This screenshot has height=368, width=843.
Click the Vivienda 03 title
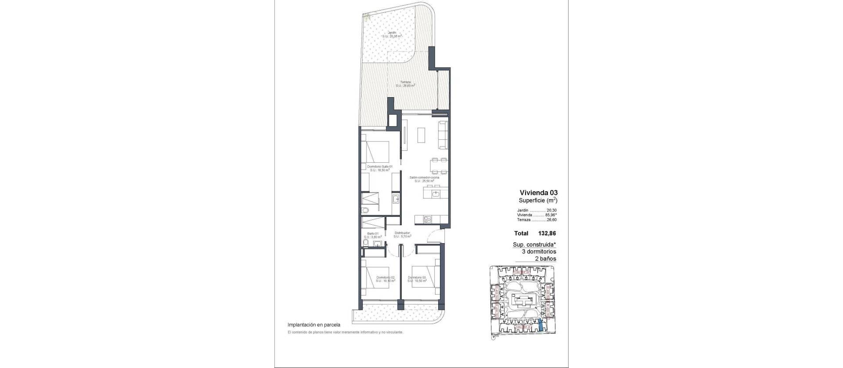[538, 192]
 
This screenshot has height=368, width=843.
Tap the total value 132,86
[547, 233]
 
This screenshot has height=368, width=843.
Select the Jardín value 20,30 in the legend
[551, 210]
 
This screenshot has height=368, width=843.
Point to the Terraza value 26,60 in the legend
[551, 220]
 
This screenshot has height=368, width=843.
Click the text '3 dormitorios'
[539, 251]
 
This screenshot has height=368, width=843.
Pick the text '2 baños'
[545, 259]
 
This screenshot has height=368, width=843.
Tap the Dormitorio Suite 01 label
[379, 167]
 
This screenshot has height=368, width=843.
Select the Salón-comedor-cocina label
[421, 178]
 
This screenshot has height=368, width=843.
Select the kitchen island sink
[436, 193]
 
